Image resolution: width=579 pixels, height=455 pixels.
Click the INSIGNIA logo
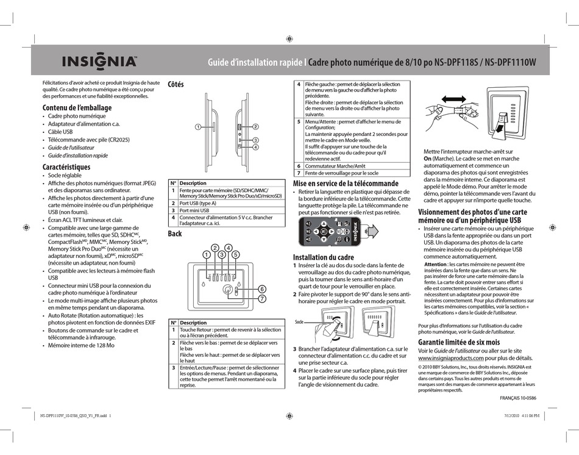pyautogui.click(x=98, y=62)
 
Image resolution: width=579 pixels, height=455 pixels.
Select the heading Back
pyautogui.click(x=174, y=234)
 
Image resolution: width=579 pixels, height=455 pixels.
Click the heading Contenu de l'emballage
pyautogui.click(x=77, y=107)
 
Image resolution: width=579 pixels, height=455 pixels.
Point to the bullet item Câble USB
pyautogui.click(x=60, y=131)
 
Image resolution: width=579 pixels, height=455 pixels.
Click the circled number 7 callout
pyautogui.click(x=261, y=299)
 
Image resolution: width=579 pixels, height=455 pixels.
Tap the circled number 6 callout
pyautogui.click(x=261, y=288)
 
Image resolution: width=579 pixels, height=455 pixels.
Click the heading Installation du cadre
pyautogui.click(x=323, y=257)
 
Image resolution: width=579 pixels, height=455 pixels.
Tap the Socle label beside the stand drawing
pyautogui.click(x=299, y=321)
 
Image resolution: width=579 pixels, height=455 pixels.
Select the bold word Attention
pyautogui.click(x=438, y=263)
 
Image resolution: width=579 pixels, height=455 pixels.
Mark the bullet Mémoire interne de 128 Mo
pyautogui.click(x=81, y=345)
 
